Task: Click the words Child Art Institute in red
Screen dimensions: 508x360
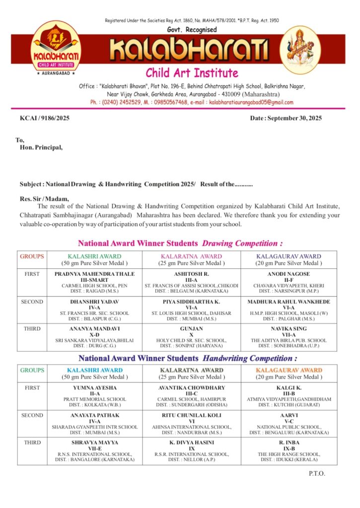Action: [x=192, y=73]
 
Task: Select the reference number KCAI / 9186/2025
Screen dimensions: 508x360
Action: [x=45, y=118]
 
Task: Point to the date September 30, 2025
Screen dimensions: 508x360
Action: [x=286, y=118]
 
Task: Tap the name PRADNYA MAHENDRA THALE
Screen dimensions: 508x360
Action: [x=94, y=274]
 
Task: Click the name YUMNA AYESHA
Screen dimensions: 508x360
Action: [x=94, y=387]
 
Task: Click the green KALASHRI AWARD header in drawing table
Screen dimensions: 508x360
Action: [x=94, y=256]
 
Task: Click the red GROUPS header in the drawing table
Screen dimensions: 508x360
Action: [x=32, y=256]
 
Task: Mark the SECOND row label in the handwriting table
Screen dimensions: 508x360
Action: [x=32, y=415]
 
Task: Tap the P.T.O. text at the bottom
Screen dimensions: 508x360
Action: [x=316, y=473]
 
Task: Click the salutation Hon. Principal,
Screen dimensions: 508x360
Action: [x=41, y=147]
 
